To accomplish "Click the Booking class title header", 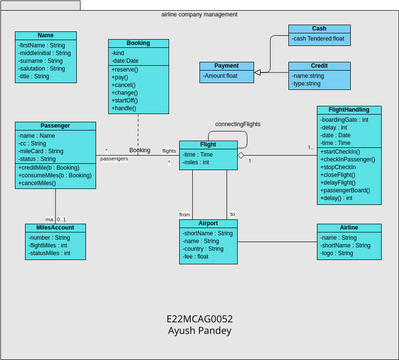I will [138, 44].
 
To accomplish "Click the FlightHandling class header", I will [348, 110].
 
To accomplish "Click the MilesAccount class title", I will [48, 227].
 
